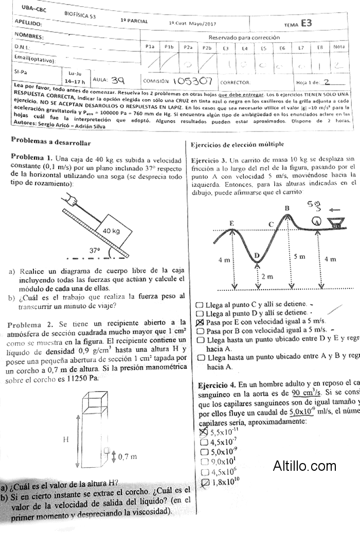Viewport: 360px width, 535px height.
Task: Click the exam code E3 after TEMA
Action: click(x=307, y=23)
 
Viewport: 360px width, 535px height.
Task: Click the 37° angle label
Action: click(x=95, y=250)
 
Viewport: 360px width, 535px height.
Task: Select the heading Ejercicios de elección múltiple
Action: click(x=237, y=145)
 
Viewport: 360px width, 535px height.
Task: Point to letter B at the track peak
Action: click(x=287, y=208)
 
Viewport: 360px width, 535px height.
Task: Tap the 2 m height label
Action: click(x=267, y=276)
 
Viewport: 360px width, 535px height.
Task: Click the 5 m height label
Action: click(x=299, y=256)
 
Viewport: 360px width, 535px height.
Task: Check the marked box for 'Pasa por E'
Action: click(x=200, y=322)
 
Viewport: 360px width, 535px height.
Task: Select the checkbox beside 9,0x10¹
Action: click(x=203, y=461)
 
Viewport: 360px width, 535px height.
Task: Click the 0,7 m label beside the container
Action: click(x=128, y=456)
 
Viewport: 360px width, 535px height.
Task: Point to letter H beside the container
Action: click(x=65, y=440)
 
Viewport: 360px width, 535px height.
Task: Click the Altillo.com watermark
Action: click(x=305, y=466)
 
